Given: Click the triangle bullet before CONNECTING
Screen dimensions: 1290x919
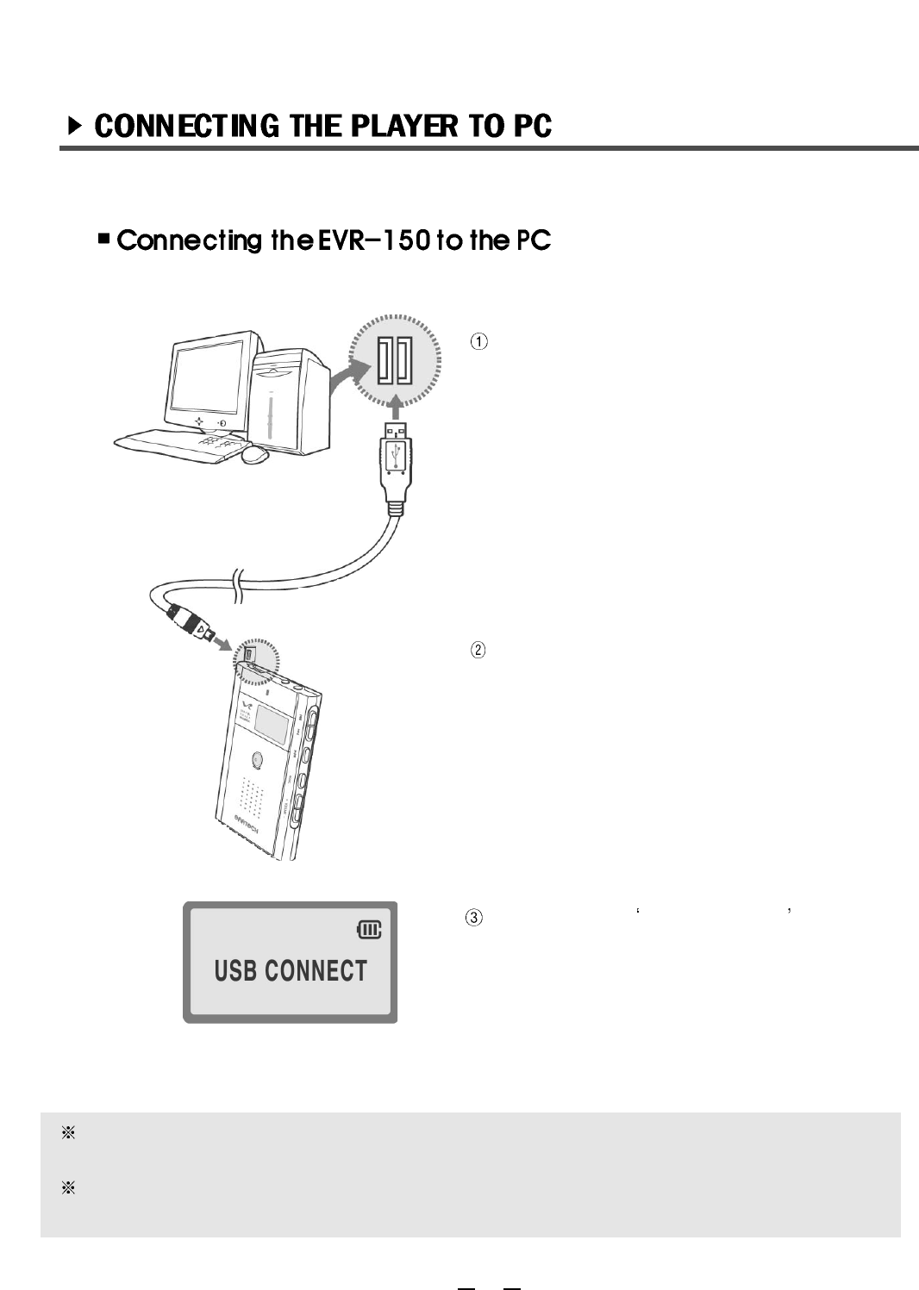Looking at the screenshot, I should (x=75, y=127).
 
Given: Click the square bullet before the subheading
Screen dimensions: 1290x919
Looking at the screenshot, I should (x=104, y=237).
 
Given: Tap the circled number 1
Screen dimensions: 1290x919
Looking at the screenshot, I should (x=478, y=341).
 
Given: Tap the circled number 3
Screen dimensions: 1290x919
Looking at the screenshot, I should (x=474, y=918).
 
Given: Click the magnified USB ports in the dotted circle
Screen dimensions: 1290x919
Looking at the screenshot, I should (x=395, y=359).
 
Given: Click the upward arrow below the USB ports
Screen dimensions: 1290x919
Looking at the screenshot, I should (x=395, y=404).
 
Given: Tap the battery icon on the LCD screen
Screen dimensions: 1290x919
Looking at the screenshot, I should (x=369, y=930).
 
